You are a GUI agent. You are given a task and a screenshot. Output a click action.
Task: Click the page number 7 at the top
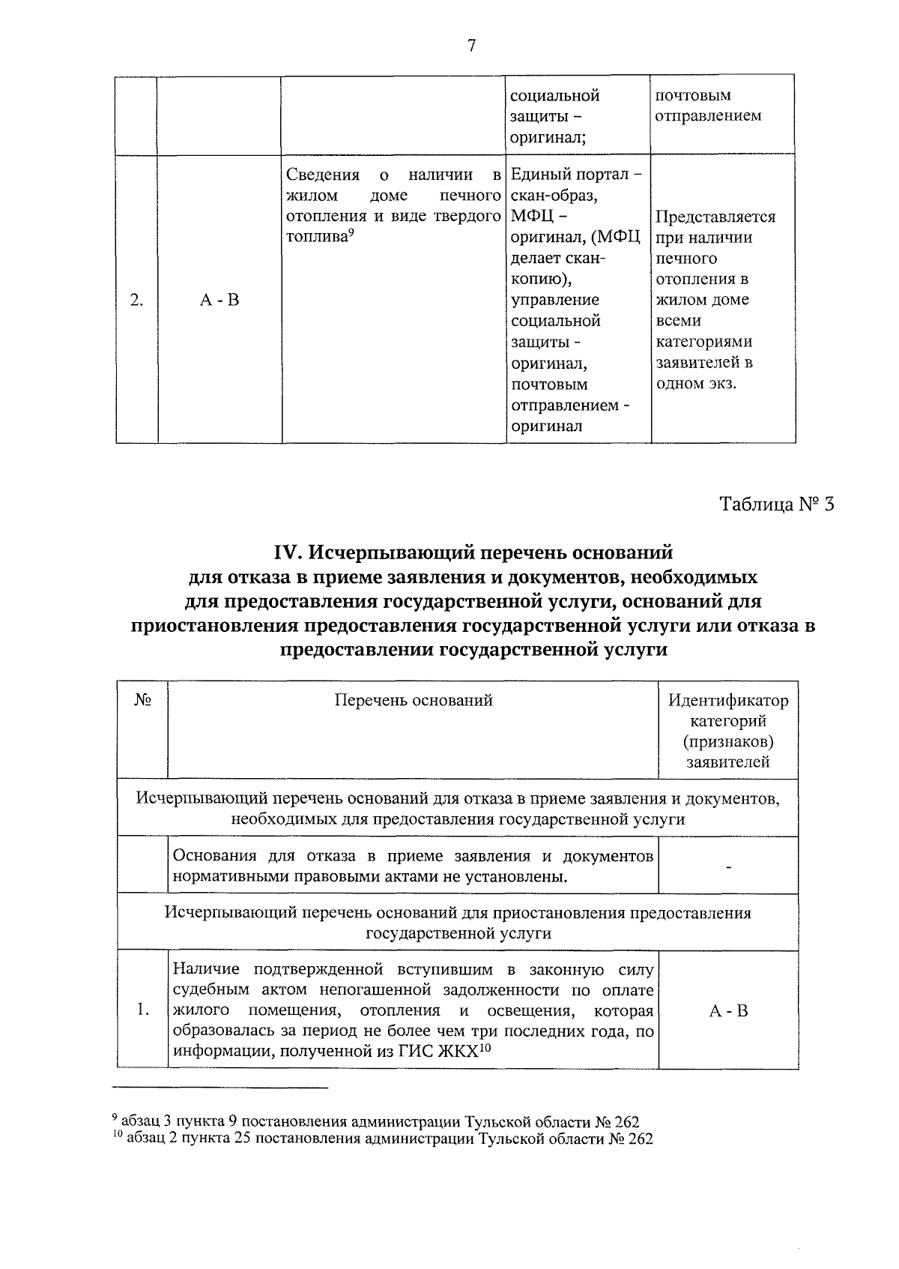tap(471, 46)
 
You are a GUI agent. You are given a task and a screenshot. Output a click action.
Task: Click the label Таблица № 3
tap(776, 504)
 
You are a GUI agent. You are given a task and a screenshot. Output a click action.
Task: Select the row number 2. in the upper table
tap(136, 301)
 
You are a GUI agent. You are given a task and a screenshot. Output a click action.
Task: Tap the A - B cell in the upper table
tap(220, 301)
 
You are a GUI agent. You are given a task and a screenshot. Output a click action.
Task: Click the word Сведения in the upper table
tap(323, 175)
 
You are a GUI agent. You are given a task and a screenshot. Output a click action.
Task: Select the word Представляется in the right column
tap(715, 217)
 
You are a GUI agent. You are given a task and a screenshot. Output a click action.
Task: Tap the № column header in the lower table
tap(143, 700)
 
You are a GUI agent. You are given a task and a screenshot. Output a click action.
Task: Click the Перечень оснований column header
tap(414, 700)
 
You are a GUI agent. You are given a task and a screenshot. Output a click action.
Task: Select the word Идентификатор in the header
tap(728, 700)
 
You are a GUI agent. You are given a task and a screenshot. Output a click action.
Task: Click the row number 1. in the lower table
tap(144, 1010)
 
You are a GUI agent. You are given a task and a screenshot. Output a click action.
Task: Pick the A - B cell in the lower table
tap(728, 1010)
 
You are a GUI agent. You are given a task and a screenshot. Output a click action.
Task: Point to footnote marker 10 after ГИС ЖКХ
tap(485, 1047)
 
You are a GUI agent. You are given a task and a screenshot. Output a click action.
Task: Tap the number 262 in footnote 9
tap(626, 1122)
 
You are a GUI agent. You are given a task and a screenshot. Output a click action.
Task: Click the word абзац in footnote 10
tap(144, 1139)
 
